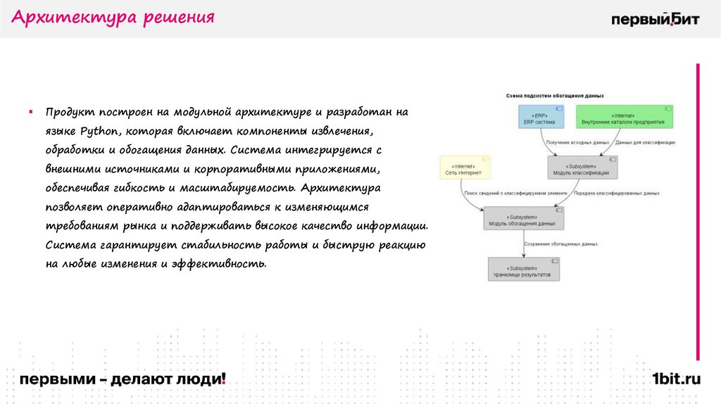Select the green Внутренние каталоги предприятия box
point(622,118)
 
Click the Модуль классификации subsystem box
point(582,168)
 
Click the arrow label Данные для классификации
point(645,142)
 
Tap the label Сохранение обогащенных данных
point(560,244)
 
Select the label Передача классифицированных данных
point(616,193)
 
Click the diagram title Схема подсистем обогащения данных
point(555,95)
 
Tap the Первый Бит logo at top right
point(655,19)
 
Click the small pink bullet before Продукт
point(31,111)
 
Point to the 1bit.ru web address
point(676,379)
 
